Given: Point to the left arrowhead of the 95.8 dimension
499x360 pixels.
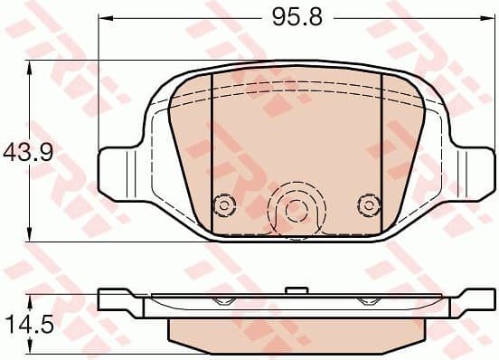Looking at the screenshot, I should (x=102, y=18).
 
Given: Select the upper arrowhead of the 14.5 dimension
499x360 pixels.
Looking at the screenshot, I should (x=30, y=298).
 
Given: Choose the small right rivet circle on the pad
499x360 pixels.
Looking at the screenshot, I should (x=367, y=204).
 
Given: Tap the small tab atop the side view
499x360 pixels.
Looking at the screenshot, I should (x=294, y=290).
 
